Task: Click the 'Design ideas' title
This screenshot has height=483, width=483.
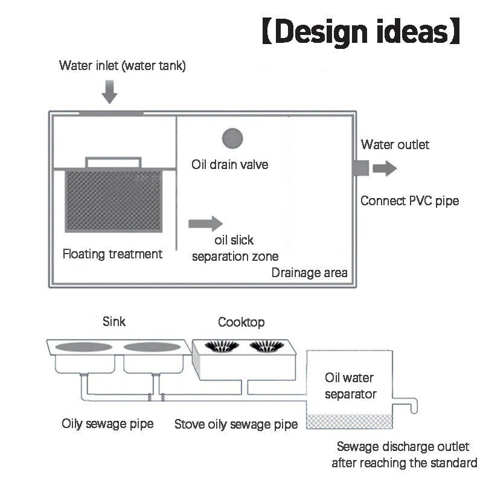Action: click(x=361, y=32)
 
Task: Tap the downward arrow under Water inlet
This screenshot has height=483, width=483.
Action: click(x=110, y=92)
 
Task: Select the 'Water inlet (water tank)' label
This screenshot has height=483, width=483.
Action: click(x=123, y=66)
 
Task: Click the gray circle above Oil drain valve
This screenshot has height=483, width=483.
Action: click(x=232, y=138)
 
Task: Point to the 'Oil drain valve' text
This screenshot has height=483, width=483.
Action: click(x=230, y=164)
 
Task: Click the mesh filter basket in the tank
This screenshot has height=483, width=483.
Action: click(x=114, y=200)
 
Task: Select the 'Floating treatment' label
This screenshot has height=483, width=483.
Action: click(x=112, y=254)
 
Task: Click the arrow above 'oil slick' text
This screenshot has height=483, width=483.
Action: click(x=205, y=223)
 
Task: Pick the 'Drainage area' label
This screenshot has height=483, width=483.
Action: click(x=310, y=273)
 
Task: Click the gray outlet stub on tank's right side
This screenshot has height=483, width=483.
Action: click(x=361, y=168)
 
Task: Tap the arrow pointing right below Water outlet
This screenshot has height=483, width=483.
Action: click(x=385, y=168)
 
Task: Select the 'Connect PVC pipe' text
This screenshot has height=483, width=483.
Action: click(x=410, y=201)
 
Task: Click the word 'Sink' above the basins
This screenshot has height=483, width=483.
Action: click(x=114, y=322)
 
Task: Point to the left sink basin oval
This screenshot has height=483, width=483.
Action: click(x=83, y=347)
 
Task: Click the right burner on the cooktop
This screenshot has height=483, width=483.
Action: click(x=267, y=345)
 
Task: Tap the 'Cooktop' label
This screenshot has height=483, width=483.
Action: click(x=241, y=322)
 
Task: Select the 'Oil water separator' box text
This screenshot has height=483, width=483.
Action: click(x=351, y=386)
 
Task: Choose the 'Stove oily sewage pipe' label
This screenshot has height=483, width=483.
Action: click(x=236, y=424)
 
